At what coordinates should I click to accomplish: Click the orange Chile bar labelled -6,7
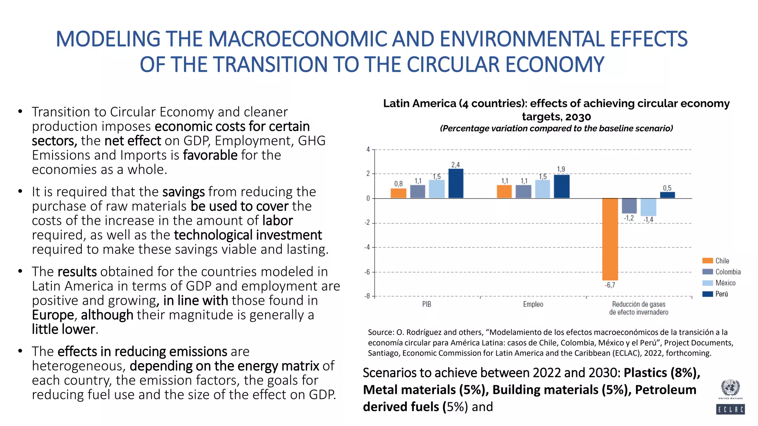[610, 239]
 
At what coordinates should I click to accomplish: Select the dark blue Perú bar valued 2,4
[456, 183]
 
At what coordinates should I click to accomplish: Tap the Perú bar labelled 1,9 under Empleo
[561, 186]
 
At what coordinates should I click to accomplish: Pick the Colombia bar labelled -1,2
[629, 206]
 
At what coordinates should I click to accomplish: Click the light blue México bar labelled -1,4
[648, 207]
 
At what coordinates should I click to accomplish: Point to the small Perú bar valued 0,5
[667, 195]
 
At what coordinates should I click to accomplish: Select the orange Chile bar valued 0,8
[398, 193]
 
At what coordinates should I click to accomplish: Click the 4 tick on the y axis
[368, 149]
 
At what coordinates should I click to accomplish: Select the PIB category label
[426, 304]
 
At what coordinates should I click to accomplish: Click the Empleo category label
[533, 304]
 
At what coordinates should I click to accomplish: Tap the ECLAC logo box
[730, 409]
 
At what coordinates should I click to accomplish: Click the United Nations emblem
[730, 388]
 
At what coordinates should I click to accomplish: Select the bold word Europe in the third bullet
[53, 315]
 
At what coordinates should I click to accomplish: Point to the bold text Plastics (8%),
[662, 373]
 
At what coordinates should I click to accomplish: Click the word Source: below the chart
[381, 332]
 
